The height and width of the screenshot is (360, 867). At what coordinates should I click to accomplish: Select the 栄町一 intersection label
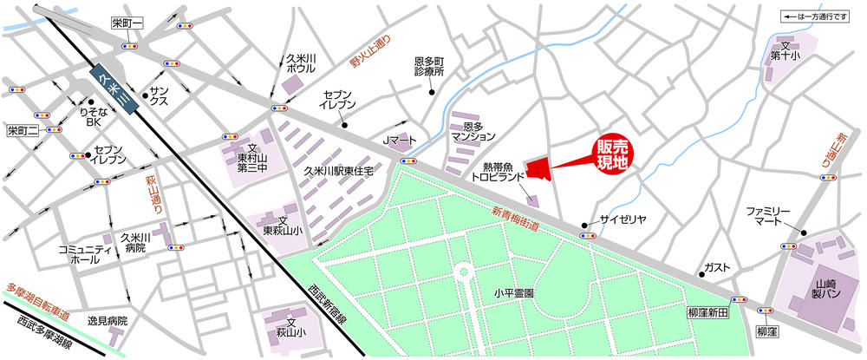127,23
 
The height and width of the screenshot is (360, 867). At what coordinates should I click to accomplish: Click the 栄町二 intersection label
23,131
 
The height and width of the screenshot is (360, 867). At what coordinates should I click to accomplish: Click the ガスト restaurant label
717,267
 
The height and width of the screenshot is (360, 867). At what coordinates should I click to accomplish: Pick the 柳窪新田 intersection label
707,312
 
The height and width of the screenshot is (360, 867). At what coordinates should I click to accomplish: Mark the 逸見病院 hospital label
107,321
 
